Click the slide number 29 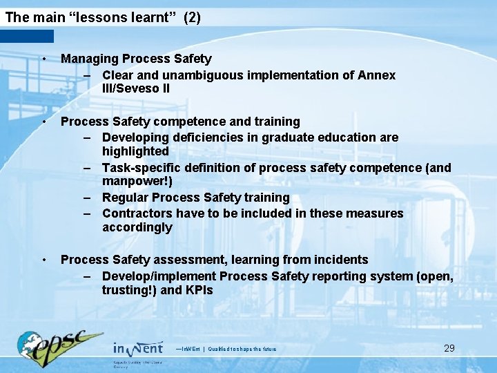[449, 348]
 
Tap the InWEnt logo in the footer [137, 349]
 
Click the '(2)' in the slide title [192, 18]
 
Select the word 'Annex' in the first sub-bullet [377, 75]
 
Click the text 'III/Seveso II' [136, 89]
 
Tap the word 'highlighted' [135, 151]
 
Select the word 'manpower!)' [137, 182]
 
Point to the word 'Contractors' [136, 213]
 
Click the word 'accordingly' [137, 228]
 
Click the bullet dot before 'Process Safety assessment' [43, 260]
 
